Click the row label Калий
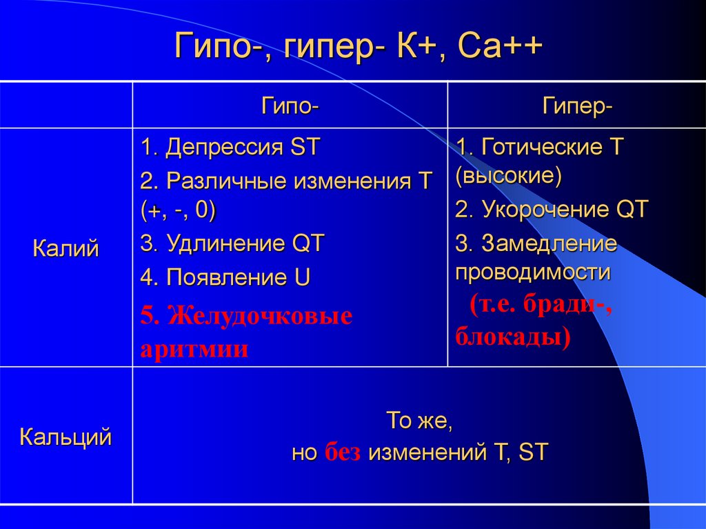66,248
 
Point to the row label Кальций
66,436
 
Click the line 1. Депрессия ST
230,147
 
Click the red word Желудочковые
261,316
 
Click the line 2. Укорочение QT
552,210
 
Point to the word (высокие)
508,176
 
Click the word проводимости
533,271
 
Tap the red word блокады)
512,338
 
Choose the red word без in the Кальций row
343,453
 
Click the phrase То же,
418,420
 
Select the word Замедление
549,243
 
